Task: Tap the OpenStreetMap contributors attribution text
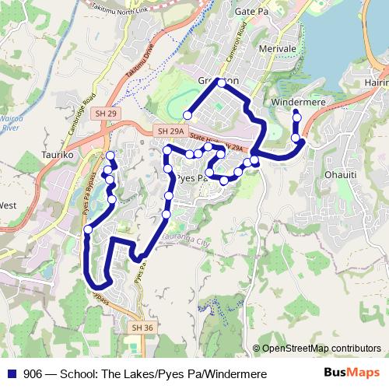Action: tap(321, 348)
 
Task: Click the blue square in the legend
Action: tap(11, 373)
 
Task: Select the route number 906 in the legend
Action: tap(33, 373)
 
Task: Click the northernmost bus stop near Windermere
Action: tap(296, 117)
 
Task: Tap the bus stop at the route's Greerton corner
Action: tap(222, 82)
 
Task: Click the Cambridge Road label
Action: tap(80, 117)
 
